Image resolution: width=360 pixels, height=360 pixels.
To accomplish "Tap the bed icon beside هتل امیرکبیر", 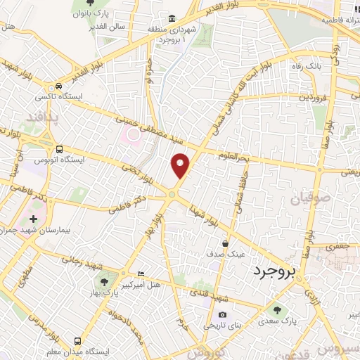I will (141, 273).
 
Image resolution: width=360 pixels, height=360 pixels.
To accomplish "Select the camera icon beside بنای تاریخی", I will (222, 314).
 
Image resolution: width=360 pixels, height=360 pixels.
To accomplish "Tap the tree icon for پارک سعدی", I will (276, 309).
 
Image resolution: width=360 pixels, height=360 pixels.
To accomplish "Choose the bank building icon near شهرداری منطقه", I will (172, 18).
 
